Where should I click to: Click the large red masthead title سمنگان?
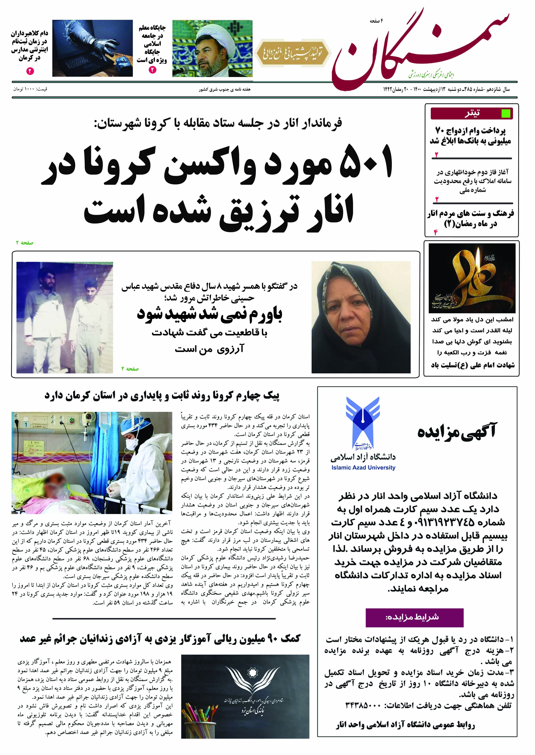pos(418,53)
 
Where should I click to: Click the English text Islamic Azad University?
pos(363,468)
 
